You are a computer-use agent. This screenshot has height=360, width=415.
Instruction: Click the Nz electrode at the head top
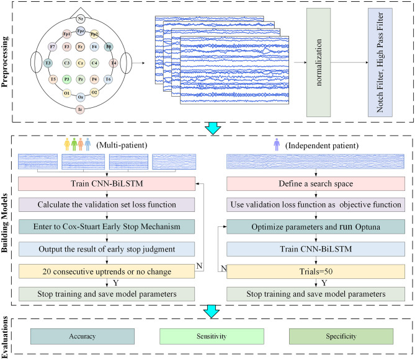(81, 19)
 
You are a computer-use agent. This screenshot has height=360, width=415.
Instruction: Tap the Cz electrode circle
(81, 63)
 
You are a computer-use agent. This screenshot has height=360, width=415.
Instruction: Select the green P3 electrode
(67, 79)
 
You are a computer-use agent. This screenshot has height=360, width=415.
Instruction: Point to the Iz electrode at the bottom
(80, 110)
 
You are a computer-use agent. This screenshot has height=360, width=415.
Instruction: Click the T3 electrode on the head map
(48, 63)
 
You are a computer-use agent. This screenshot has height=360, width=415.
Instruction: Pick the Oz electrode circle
(81, 97)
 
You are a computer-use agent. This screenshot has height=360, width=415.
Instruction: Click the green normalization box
(318, 63)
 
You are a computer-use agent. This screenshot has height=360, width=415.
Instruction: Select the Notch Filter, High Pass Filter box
(380, 63)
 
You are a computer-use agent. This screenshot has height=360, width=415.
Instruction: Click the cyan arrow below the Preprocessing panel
(213, 128)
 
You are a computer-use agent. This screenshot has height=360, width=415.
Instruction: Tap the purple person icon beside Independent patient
(277, 144)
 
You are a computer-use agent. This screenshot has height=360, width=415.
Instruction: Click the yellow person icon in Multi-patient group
(67, 144)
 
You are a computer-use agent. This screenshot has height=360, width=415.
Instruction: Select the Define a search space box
(316, 183)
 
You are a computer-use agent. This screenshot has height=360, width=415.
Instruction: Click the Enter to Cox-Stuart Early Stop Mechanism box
(107, 227)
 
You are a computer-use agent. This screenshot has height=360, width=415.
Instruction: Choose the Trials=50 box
(316, 271)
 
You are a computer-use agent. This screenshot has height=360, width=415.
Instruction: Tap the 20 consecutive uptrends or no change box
(107, 271)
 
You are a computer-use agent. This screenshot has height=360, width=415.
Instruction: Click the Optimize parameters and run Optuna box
(316, 227)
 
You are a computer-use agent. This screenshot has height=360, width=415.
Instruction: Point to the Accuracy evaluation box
(83, 336)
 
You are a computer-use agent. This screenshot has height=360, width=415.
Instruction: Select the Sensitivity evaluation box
(212, 336)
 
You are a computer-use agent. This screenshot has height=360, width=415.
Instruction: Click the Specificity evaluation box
(341, 336)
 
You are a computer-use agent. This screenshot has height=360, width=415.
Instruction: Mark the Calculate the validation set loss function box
(107, 204)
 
